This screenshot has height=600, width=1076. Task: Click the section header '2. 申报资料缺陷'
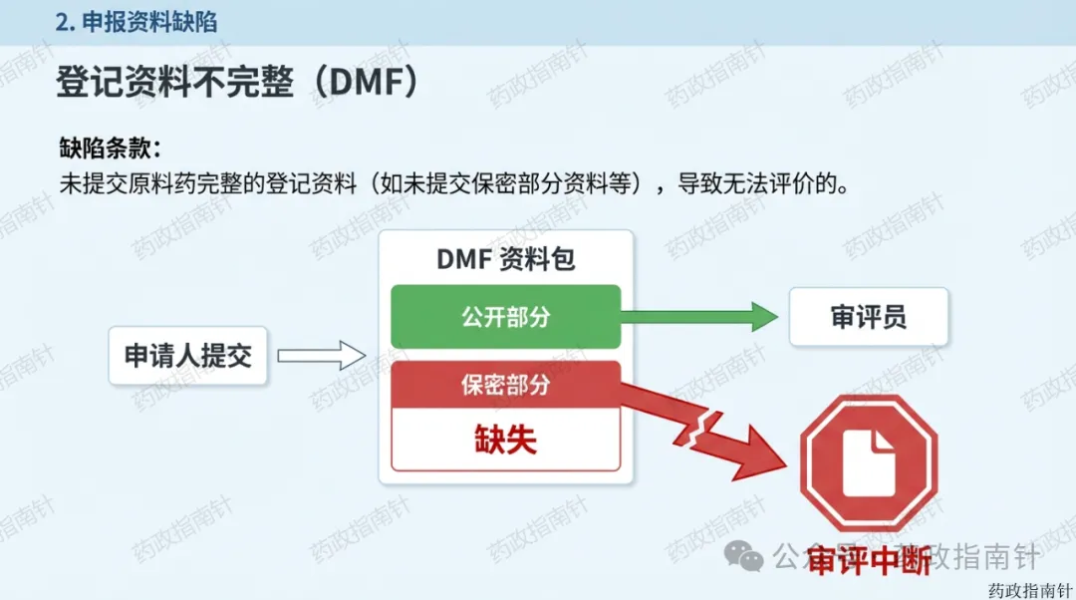pos(135,22)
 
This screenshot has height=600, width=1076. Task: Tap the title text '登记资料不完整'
pos(174,83)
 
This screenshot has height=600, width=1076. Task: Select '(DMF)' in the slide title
pos(358,83)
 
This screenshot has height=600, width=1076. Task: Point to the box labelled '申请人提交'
pos(188,355)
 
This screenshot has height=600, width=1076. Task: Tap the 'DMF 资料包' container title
pos(505,260)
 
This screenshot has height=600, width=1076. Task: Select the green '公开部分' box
pos(505,317)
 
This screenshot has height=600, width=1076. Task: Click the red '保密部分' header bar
pos(505,385)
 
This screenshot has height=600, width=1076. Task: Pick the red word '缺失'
pos(505,441)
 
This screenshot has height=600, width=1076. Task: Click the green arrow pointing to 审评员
pos(698,318)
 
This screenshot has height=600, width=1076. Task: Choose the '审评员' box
pos(868,318)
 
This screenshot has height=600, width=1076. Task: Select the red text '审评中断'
pos(869,560)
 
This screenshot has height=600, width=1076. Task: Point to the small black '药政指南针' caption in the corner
pos(1028,588)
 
